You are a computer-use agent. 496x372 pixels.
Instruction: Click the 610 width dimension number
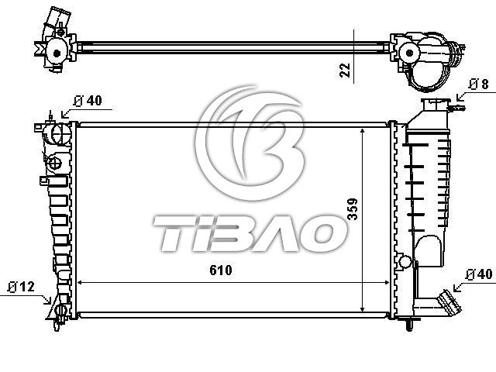(220, 270)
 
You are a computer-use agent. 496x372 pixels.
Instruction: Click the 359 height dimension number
(353, 208)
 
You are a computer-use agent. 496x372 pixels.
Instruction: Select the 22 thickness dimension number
(345, 71)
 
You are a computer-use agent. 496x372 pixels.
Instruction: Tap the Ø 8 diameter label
(479, 84)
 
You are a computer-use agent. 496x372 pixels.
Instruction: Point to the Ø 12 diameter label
(21, 287)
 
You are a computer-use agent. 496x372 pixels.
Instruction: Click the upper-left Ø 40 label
(88, 101)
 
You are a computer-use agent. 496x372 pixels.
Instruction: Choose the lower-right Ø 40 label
(480, 274)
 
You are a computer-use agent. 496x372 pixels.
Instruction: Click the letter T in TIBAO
(170, 233)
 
